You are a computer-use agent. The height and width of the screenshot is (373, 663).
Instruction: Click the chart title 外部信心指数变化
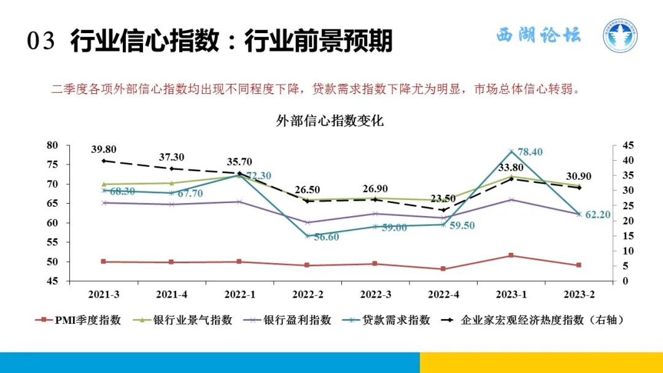click(x=330, y=121)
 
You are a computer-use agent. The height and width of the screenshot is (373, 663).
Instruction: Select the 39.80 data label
click(x=104, y=149)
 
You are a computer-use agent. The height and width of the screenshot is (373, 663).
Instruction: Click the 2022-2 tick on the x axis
click(x=308, y=294)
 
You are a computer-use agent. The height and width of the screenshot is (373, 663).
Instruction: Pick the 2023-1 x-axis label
click(x=511, y=294)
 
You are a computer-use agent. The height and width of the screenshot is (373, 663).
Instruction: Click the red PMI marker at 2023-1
click(x=511, y=255)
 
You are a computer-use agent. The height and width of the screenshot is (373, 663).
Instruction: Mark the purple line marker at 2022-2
click(x=308, y=223)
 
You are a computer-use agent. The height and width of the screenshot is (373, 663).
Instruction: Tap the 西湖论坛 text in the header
click(x=538, y=35)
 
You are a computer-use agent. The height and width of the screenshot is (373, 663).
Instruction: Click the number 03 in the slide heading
click(x=41, y=42)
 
